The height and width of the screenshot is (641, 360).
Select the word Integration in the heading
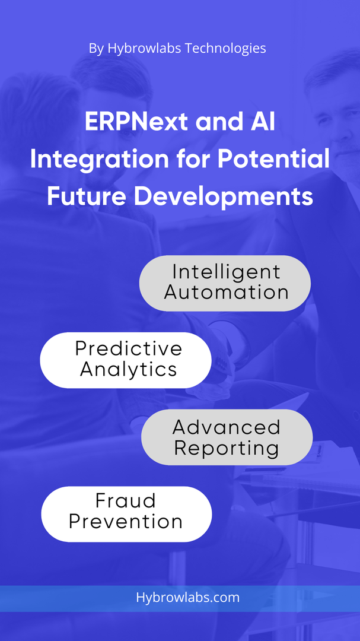[x=99, y=160]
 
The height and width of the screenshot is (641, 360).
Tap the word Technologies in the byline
[x=225, y=49]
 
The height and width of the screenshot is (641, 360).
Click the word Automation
[x=227, y=293]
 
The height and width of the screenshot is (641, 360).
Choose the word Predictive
[x=128, y=349]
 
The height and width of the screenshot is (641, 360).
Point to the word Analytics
[x=128, y=370]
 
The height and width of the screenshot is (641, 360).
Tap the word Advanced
[x=227, y=427]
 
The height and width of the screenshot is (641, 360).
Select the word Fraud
[x=126, y=501]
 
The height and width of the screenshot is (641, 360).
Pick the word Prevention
[x=126, y=522]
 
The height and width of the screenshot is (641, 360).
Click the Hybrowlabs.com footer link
[x=187, y=598]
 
